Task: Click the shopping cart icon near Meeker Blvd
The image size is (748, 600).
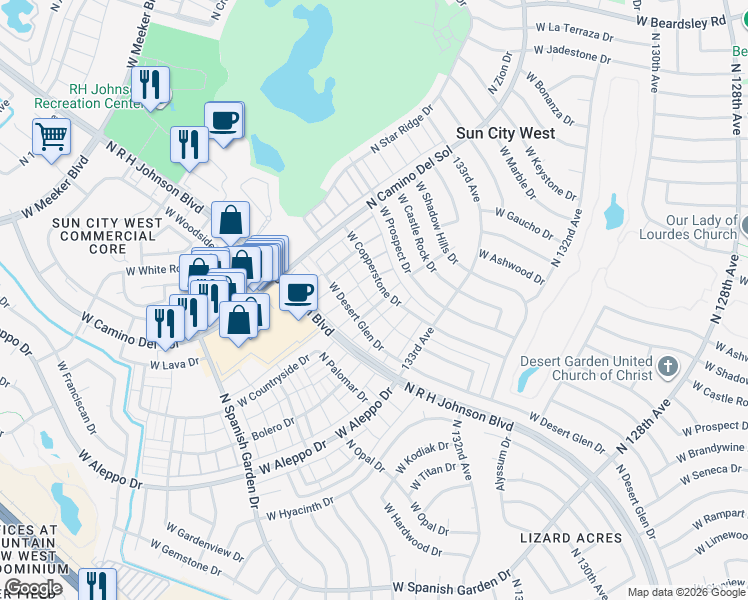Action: pos(51,135)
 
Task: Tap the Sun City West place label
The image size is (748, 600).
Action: pos(505,132)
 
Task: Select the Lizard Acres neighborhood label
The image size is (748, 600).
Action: pos(571,538)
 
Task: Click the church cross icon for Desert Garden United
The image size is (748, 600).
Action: pos(669,368)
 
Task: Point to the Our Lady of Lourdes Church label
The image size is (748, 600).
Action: pos(701,227)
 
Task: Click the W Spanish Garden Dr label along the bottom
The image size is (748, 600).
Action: pos(451,587)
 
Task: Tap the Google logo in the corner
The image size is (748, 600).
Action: pos(34,588)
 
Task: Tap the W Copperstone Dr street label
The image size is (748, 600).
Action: pos(374,269)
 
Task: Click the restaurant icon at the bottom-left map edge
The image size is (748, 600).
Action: pos(96,584)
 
